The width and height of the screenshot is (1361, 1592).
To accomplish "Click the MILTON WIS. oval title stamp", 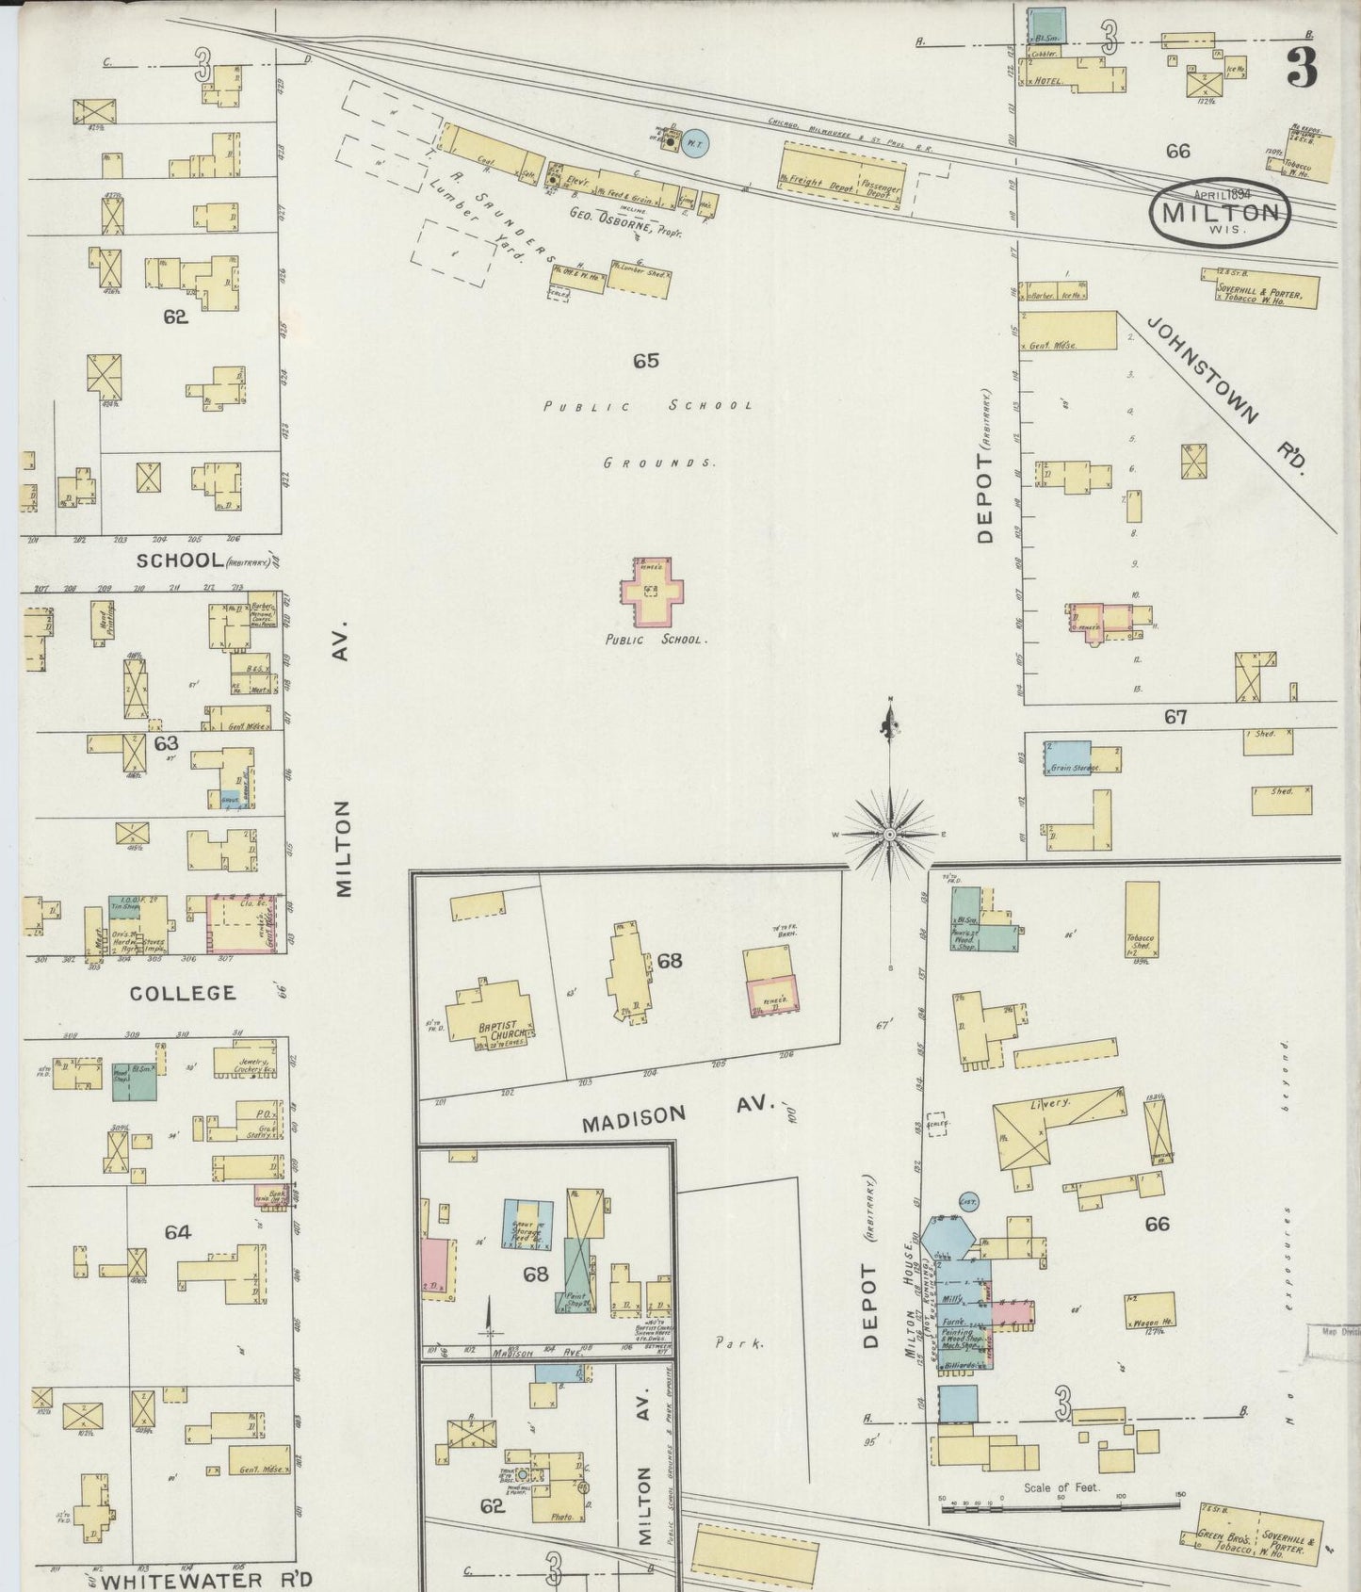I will [x=1220, y=212].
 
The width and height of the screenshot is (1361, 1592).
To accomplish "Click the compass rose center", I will [x=889, y=835].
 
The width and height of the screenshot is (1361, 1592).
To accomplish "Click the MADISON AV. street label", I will [x=676, y=1113].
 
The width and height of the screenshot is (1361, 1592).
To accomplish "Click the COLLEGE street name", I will [x=183, y=993].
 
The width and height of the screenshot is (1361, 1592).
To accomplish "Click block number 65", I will [x=645, y=360].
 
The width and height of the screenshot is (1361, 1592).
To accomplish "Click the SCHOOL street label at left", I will [x=178, y=560].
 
